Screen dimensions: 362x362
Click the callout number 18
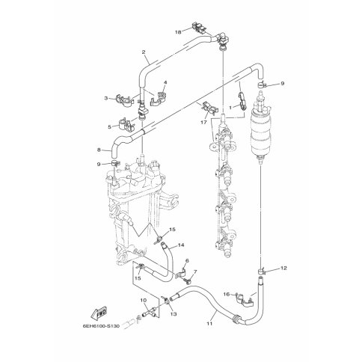(178, 32)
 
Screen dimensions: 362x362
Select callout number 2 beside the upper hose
(144, 52)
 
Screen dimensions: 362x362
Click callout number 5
(109, 127)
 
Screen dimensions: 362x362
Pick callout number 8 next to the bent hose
(99, 150)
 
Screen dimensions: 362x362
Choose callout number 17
(204, 122)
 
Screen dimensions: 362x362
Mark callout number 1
(230, 108)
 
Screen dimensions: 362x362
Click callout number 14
(181, 245)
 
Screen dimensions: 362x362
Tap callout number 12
(283, 269)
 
